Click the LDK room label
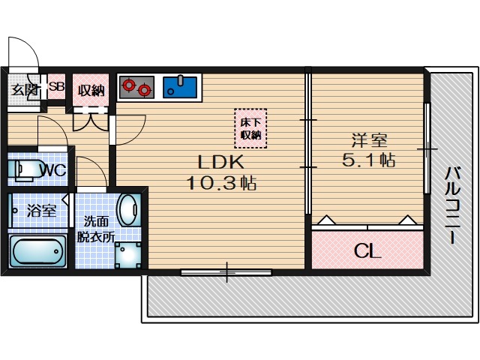point(221,162)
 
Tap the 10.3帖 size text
point(221,183)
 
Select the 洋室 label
point(369,140)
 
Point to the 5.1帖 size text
point(368,160)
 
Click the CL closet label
point(367,251)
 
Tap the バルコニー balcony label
point(452,205)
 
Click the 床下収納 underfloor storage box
point(250,128)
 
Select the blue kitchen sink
point(180,87)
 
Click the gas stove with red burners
point(136,87)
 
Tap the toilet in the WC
point(25,169)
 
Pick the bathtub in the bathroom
point(38,251)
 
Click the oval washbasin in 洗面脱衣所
point(128,210)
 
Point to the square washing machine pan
point(128,255)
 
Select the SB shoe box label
point(57,86)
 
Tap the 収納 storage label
point(91,90)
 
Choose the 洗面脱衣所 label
point(96,229)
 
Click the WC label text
point(55,169)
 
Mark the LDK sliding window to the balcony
point(226,271)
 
